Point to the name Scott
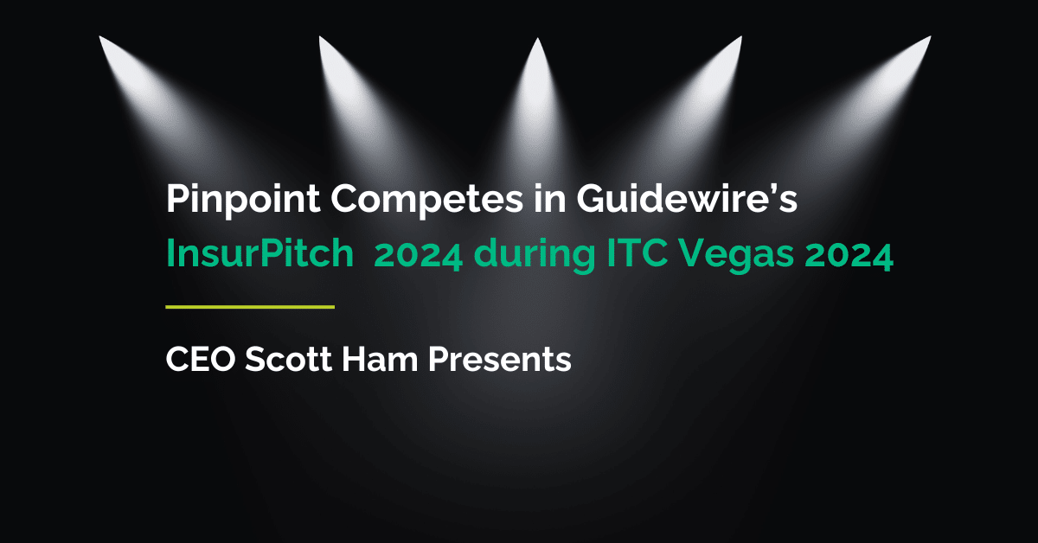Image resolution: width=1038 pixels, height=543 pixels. pyautogui.click(x=286, y=358)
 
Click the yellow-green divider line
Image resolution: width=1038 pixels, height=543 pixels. pyautogui.click(x=249, y=306)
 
